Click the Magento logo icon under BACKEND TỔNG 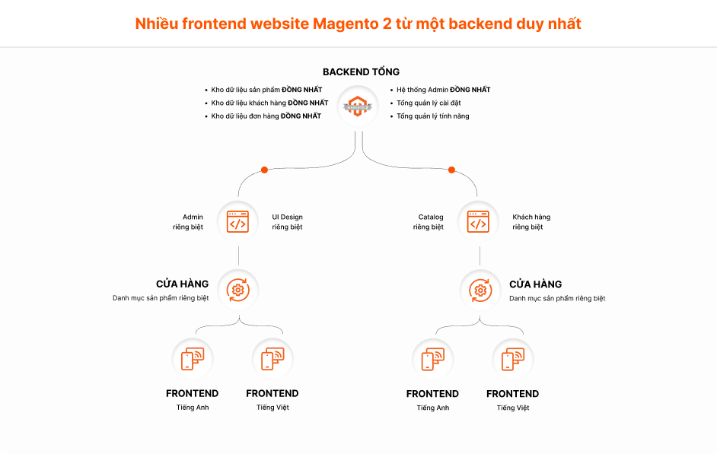(358, 106)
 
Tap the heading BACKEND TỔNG (361, 72)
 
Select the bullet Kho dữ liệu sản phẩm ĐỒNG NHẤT (266, 90)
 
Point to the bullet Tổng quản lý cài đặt (429, 103)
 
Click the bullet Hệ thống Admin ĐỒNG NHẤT (443, 90)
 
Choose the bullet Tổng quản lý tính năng (432, 116)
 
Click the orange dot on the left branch (264, 170)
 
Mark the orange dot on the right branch (451, 170)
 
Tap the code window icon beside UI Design (238, 221)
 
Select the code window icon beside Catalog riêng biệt (478, 221)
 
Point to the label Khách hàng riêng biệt (531, 222)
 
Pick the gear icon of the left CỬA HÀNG (238, 290)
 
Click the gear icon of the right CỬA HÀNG (480, 290)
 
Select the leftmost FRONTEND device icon (192, 359)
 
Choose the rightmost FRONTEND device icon (513, 359)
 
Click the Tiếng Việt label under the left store (272, 408)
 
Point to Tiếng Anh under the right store (432, 408)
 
